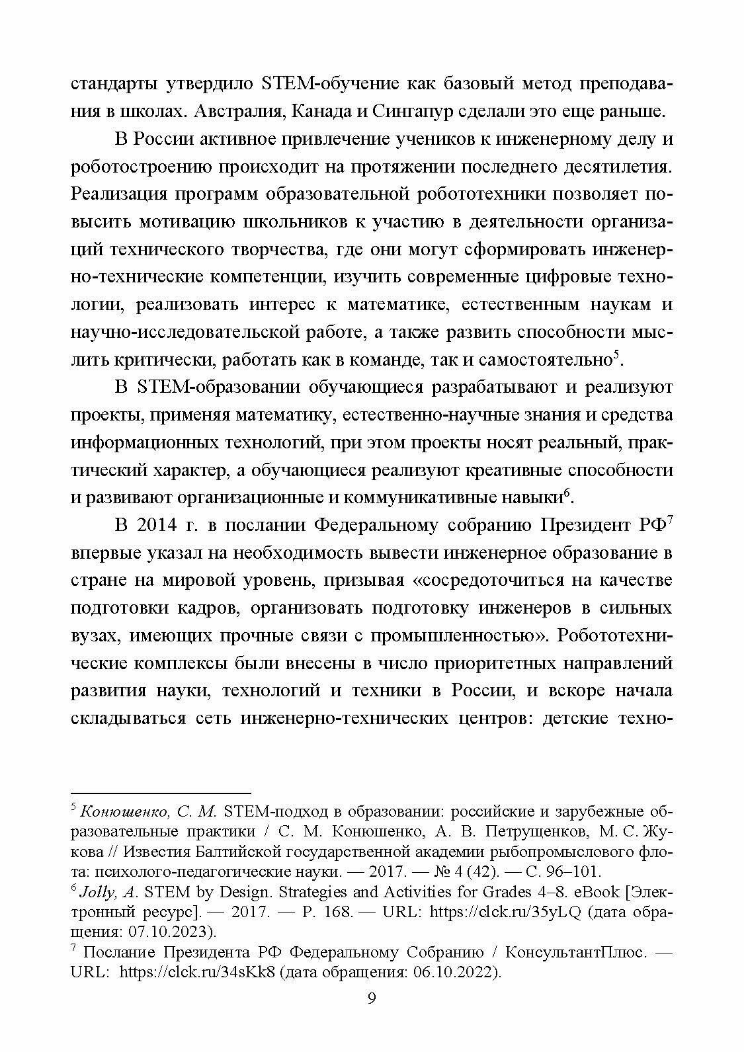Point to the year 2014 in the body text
(157, 525)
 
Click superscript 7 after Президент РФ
(670, 520)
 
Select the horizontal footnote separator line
(161, 792)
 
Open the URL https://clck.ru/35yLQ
(505, 912)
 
